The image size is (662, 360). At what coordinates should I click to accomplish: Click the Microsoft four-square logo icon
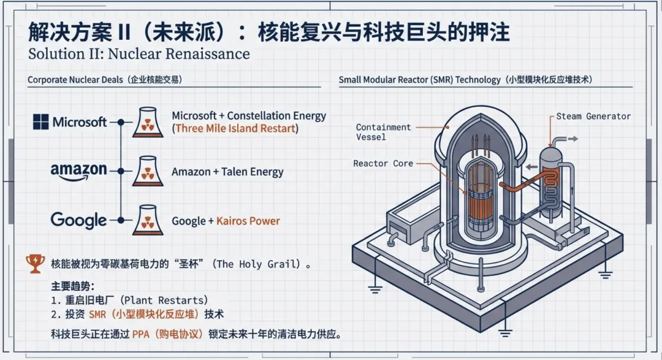(x=41, y=121)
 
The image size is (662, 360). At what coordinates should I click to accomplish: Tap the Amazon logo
(x=78, y=170)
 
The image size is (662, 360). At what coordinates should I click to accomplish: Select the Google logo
(x=78, y=220)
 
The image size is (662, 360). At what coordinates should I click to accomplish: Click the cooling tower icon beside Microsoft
(x=148, y=122)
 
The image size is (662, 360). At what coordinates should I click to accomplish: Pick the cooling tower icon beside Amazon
(x=148, y=171)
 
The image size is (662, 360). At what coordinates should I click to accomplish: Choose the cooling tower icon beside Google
(x=148, y=220)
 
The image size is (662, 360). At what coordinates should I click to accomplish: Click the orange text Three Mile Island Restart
(x=235, y=129)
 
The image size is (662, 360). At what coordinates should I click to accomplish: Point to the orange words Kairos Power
(x=248, y=221)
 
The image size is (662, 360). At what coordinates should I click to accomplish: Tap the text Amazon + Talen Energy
(x=227, y=172)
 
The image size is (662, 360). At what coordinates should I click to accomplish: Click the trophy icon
(x=35, y=264)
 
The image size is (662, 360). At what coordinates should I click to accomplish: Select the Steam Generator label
(x=593, y=116)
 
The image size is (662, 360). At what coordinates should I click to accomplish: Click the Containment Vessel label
(x=383, y=132)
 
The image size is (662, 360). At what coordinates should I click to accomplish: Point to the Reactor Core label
(x=382, y=164)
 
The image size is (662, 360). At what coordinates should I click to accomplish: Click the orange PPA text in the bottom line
(x=141, y=335)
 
